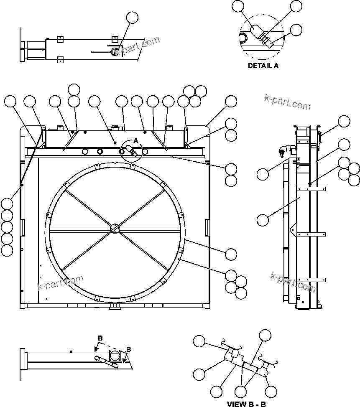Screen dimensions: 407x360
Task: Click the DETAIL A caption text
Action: [263, 66]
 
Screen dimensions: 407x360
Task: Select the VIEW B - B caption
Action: [246, 404]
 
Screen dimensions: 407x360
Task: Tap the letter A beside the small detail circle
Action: [135, 141]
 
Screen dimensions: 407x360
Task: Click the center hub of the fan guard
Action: [115, 229]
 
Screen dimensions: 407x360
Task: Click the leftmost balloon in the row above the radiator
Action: [10, 101]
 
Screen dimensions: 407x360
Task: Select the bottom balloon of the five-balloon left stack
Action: [7, 250]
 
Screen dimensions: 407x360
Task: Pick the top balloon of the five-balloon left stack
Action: [7, 203]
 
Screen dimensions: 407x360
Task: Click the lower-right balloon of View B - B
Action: [271, 392]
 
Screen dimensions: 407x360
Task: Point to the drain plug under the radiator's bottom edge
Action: [114, 308]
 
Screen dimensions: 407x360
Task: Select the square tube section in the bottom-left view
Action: [116, 356]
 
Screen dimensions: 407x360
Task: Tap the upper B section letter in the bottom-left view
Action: [100, 338]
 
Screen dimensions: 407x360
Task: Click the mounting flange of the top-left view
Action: [21, 46]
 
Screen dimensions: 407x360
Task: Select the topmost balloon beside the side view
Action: [344, 121]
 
